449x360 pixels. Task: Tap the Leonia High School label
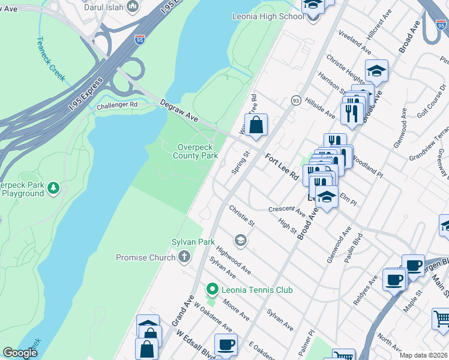[268, 16]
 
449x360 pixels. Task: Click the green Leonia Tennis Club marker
[211, 290]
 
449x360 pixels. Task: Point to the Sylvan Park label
[199, 242]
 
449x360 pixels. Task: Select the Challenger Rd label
[117, 106]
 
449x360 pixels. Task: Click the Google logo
[20, 353]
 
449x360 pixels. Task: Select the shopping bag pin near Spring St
[256, 125]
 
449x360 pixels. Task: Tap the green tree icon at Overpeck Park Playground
[53, 188]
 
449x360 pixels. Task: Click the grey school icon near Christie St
[241, 241]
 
